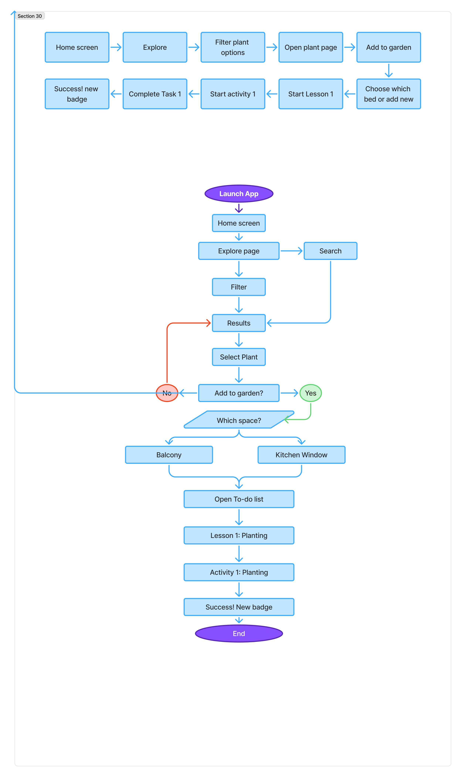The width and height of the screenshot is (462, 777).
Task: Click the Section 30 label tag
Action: click(30, 16)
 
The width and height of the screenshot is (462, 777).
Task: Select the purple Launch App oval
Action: click(239, 194)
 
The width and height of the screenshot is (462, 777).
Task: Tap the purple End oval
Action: click(239, 633)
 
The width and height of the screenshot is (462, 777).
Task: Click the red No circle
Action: click(167, 393)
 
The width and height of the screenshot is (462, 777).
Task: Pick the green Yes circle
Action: click(310, 393)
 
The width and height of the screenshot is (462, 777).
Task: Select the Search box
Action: click(330, 251)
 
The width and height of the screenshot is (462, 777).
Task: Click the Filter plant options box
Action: click(232, 47)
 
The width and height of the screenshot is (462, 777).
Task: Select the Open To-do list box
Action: click(239, 499)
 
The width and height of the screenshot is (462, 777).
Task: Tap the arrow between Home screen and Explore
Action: click(116, 47)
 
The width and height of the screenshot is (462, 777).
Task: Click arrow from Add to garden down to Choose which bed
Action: click(388, 70)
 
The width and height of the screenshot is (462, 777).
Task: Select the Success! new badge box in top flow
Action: click(77, 94)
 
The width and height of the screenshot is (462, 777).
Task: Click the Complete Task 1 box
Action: click(155, 94)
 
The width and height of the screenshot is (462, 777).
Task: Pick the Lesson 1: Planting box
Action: click(239, 535)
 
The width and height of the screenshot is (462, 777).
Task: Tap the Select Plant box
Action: click(239, 357)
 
